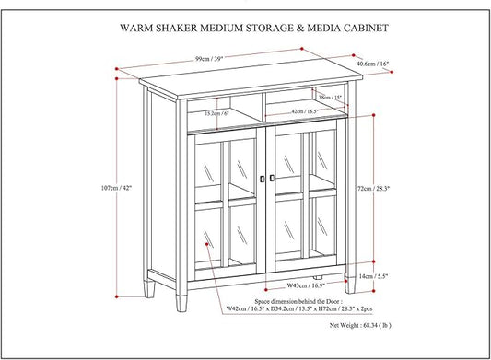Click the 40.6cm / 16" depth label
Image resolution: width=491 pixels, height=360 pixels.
click(x=371, y=64)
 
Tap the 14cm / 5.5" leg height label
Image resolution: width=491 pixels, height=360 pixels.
click(x=376, y=275)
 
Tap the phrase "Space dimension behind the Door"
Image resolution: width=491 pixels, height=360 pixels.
click(x=277, y=300)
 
